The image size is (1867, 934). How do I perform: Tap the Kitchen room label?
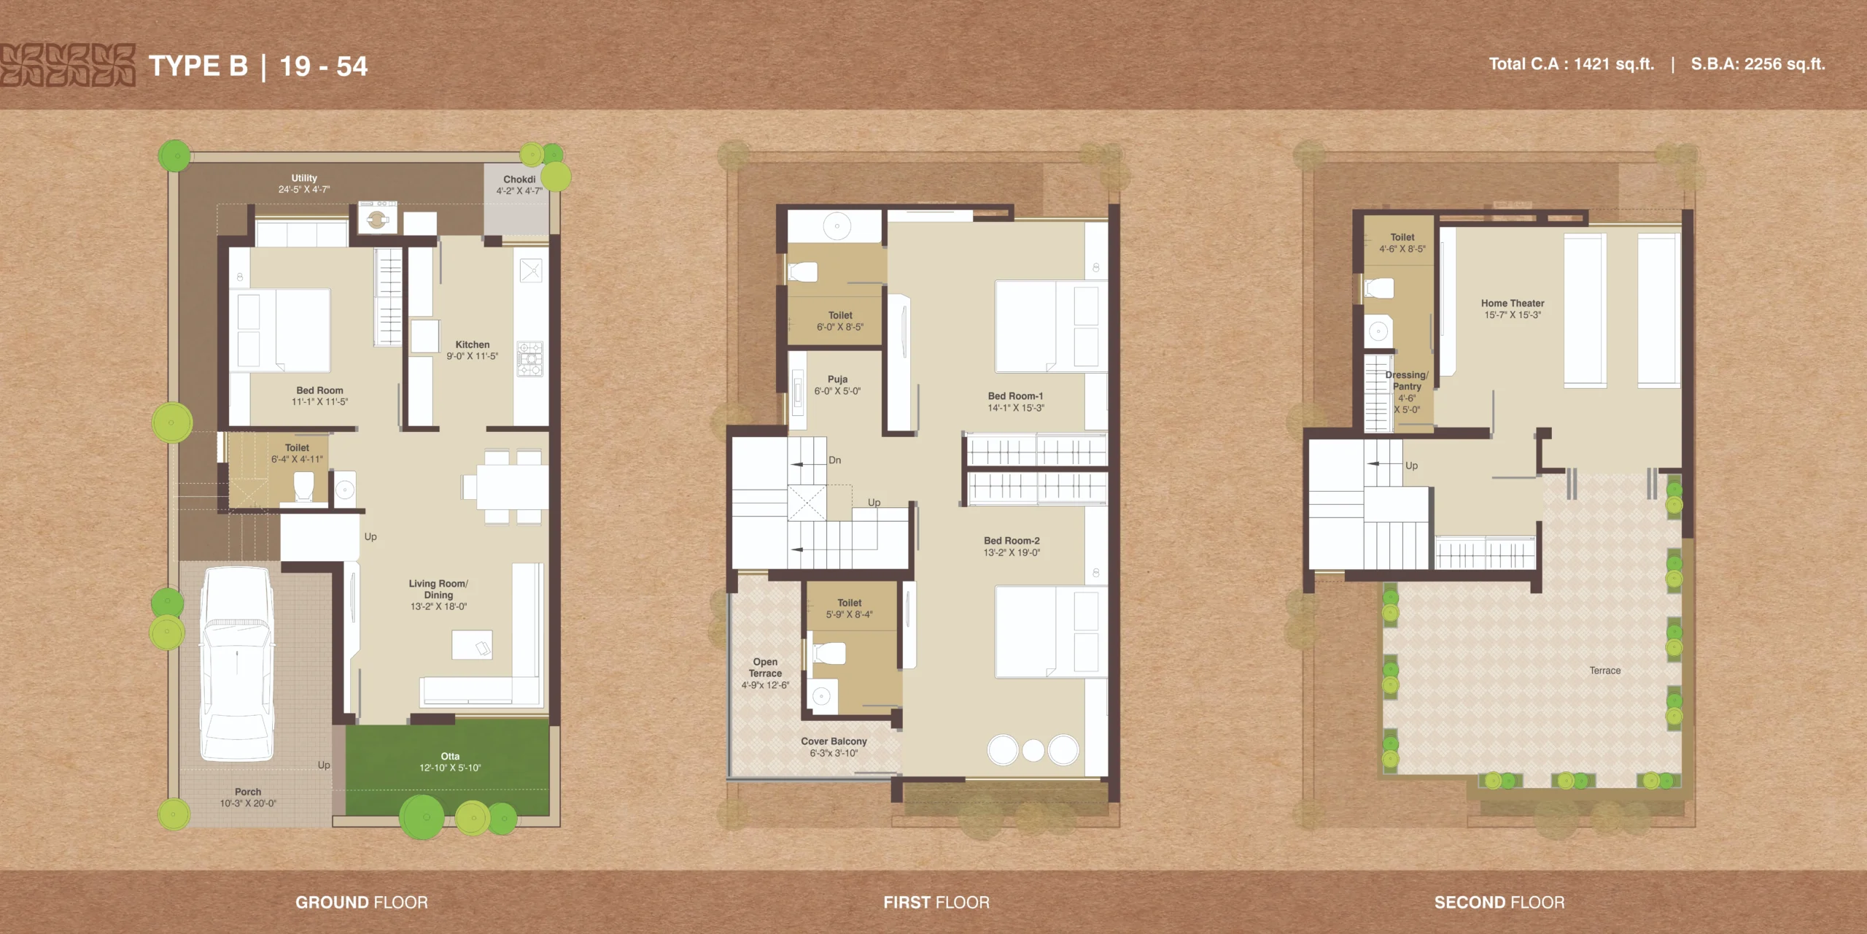pos(473,344)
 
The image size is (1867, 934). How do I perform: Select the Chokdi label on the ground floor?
pos(519,180)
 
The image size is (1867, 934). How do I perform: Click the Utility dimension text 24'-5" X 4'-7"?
pos(304,190)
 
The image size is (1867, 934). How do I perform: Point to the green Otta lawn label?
pos(450,757)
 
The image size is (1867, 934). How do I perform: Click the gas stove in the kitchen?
pos(530,358)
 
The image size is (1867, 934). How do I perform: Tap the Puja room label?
pos(837,379)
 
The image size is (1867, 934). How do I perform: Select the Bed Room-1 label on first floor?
pos(1015,396)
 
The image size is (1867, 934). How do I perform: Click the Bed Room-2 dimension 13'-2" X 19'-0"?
pos(1012,553)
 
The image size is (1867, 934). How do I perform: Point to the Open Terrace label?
pos(765,668)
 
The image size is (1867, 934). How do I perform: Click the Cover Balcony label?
pos(834,741)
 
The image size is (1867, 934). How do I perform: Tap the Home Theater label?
pos(1513,304)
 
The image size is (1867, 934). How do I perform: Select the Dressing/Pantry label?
pos(1407,381)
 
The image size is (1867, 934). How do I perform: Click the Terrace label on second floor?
pos(1605,671)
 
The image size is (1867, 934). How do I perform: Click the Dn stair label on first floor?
pos(835,460)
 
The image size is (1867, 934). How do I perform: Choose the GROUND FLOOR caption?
pos(362,903)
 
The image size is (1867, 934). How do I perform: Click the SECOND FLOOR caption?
pos(1499,903)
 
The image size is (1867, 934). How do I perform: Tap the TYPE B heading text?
pos(198,66)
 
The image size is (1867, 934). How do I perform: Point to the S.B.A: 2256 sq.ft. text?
pos(1758,64)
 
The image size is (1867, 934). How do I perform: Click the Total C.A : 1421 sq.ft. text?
pos(1572,64)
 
